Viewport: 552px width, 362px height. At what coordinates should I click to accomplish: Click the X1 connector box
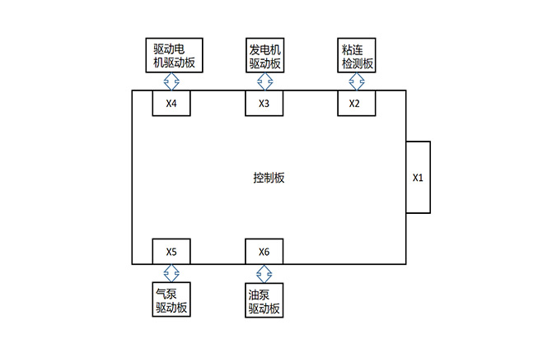(x=418, y=177)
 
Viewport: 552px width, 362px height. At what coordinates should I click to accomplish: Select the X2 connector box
(x=356, y=103)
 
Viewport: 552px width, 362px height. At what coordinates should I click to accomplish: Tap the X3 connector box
(x=264, y=103)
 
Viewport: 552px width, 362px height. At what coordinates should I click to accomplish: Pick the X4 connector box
(x=171, y=103)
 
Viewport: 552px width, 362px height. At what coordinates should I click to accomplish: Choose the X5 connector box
(x=171, y=251)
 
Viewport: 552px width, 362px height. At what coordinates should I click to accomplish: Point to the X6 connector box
(x=264, y=251)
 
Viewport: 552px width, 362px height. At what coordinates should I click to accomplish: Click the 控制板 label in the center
(x=269, y=178)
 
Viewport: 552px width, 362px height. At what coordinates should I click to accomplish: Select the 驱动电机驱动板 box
(x=171, y=55)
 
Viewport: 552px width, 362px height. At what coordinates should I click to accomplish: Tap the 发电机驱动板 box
(x=264, y=55)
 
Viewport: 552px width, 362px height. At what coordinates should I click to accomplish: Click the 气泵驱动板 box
(x=171, y=300)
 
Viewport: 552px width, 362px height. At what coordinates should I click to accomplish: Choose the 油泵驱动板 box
(x=264, y=300)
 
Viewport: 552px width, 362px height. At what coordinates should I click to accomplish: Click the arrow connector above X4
(x=171, y=81)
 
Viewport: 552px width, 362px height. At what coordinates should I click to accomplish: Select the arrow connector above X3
(x=264, y=81)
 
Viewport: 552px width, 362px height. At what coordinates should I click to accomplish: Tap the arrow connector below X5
(x=171, y=273)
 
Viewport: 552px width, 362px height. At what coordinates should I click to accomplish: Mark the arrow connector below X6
(x=264, y=273)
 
